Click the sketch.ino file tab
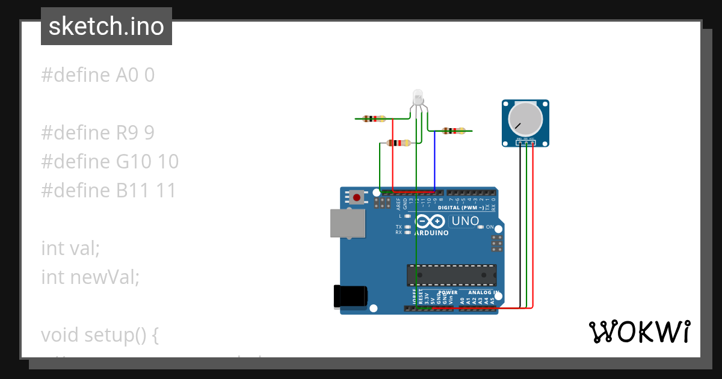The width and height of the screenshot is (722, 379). click(106, 26)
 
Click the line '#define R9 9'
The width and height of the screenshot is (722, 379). click(97, 133)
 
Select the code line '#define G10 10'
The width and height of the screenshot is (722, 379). click(110, 162)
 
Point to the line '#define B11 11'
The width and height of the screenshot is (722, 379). click(108, 191)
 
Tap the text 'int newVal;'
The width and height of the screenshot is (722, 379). click(90, 277)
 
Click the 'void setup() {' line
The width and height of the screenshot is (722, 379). click(99, 334)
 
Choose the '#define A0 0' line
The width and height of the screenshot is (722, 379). click(97, 75)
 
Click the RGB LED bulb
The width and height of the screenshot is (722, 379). click(418, 97)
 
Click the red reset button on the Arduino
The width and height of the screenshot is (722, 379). click(357, 197)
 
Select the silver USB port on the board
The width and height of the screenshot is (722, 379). click(348, 223)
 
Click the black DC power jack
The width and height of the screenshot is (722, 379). click(350, 297)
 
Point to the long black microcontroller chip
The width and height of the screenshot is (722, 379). click(451, 274)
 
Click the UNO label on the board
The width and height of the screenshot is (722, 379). click(465, 221)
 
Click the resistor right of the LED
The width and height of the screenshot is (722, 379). click(453, 131)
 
